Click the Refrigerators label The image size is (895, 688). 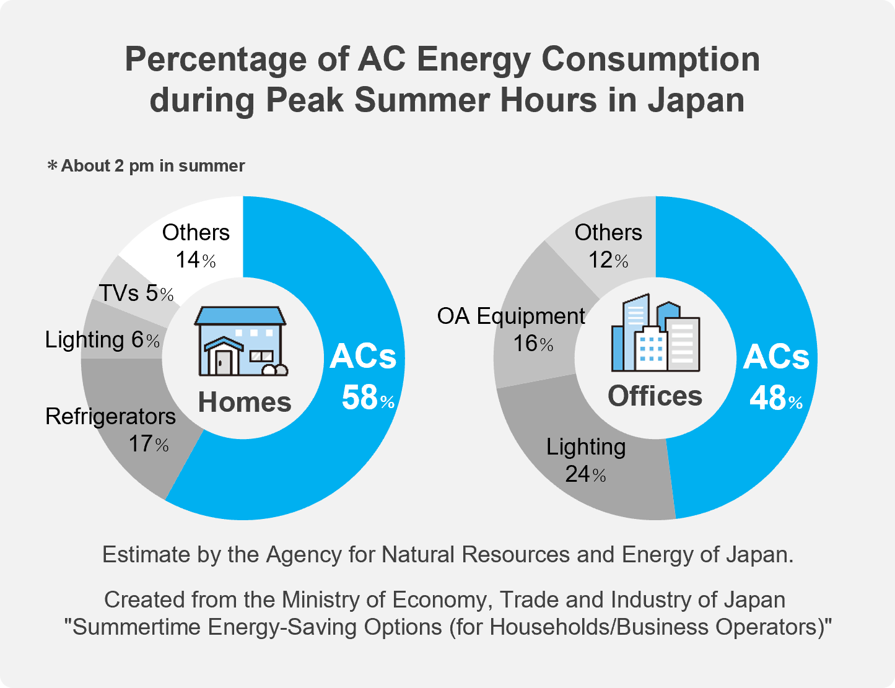click(110, 417)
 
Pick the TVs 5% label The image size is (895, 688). click(136, 293)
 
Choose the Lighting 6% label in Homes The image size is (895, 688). click(102, 340)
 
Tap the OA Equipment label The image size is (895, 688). click(511, 316)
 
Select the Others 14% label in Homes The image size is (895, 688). click(196, 246)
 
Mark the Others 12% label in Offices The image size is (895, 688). click(608, 246)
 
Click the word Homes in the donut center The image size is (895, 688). click(245, 403)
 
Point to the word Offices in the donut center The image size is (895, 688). click(655, 396)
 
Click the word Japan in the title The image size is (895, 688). click(696, 100)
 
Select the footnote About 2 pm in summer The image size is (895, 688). click(153, 166)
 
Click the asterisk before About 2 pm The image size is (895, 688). click(53, 166)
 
